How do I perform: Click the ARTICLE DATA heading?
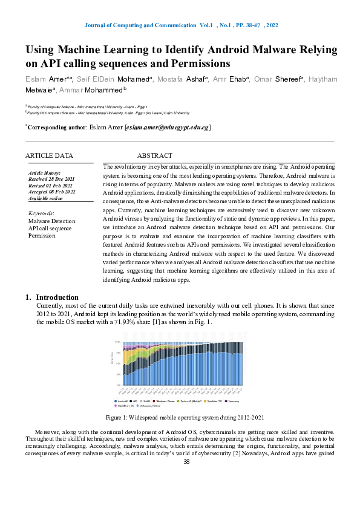point(51,155)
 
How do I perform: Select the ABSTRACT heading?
point(154,155)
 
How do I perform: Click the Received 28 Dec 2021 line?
point(51,179)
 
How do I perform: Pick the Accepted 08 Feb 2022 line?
point(52,191)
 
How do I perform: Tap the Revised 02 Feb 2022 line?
point(51,185)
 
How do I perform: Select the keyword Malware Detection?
point(52,221)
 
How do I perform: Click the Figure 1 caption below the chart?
point(185,417)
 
